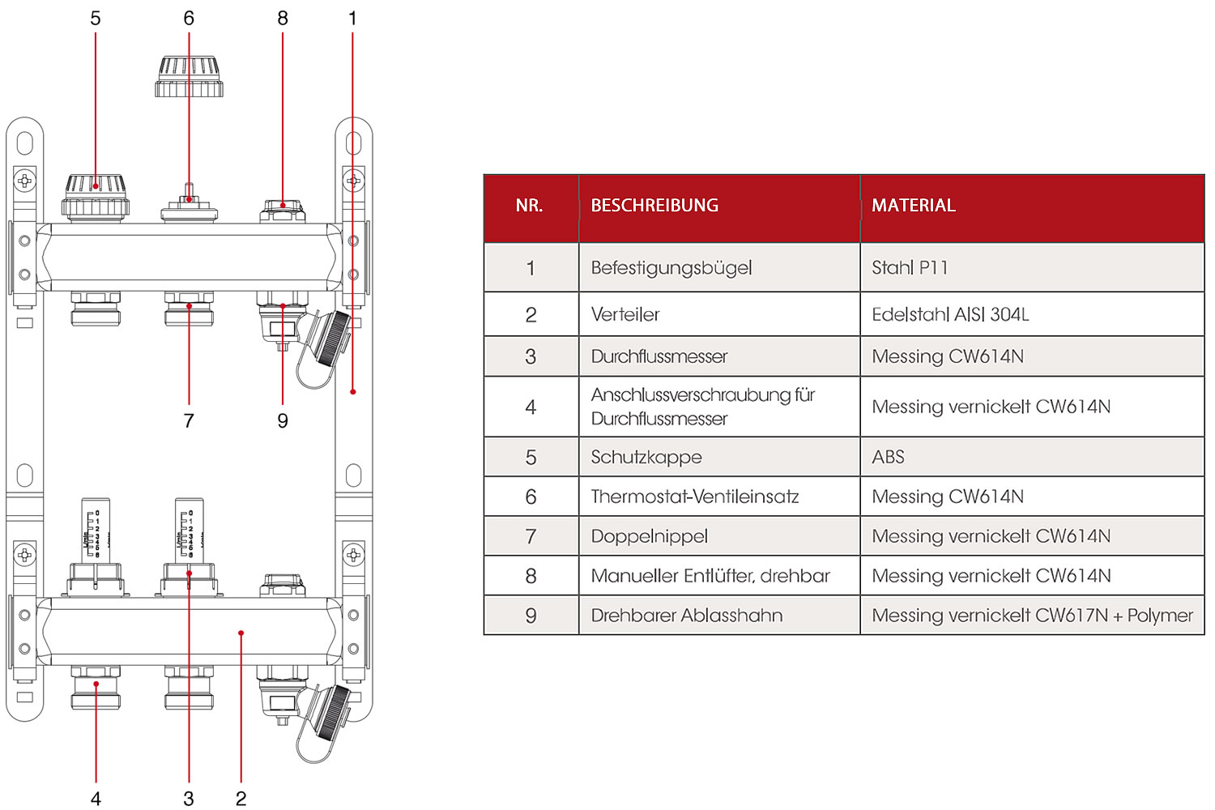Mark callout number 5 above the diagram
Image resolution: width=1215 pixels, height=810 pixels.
point(96,19)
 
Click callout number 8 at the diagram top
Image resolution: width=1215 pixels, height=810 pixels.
point(283,19)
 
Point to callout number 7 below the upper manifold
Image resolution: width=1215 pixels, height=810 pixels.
point(189,420)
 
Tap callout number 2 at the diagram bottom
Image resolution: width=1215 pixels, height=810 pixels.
point(241,799)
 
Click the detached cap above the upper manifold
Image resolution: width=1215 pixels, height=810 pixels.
point(189,76)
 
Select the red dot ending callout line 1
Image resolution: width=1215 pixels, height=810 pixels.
point(353,392)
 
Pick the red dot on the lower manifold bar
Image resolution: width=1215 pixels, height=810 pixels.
point(241,633)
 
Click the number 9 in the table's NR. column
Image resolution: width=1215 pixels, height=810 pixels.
point(531,616)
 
